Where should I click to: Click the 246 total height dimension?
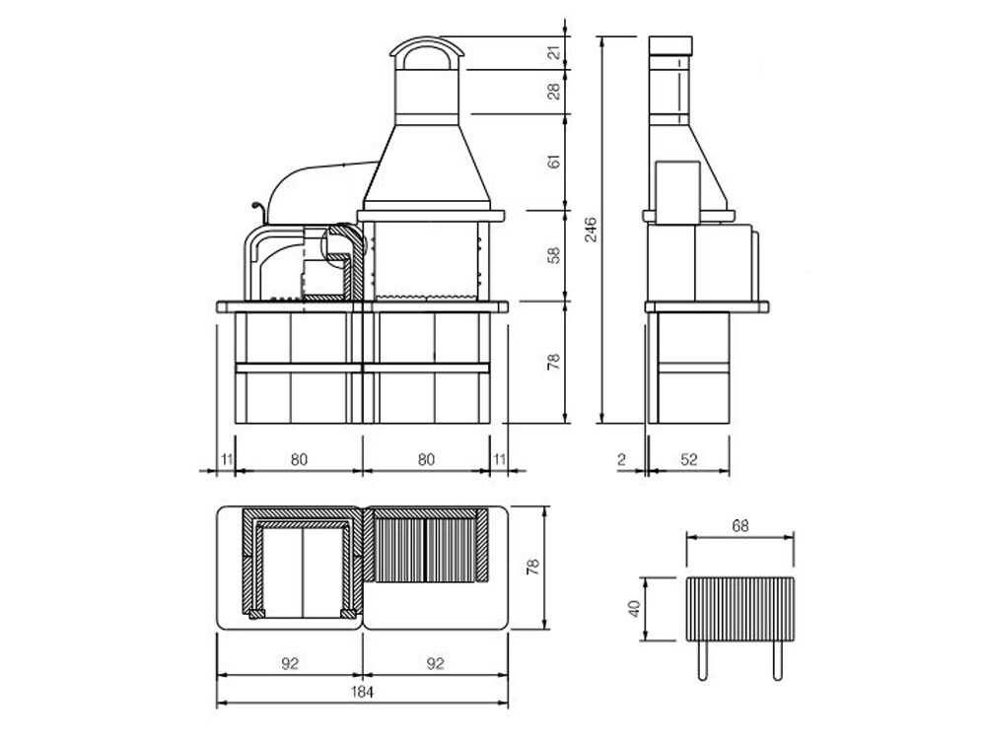tap(591, 230)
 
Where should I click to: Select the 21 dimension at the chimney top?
tap(554, 52)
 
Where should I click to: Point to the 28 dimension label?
tap(554, 92)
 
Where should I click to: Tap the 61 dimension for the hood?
tap(554, 162)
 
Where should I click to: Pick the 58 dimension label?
tap(554, 255)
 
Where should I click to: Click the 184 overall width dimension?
tap(362, 692)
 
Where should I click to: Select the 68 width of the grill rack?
tap(740, 525)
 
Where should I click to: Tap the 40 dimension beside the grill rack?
tap(634, 608)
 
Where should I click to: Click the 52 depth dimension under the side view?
tap(689, 459)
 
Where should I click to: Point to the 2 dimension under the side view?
tap(622, 459)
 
